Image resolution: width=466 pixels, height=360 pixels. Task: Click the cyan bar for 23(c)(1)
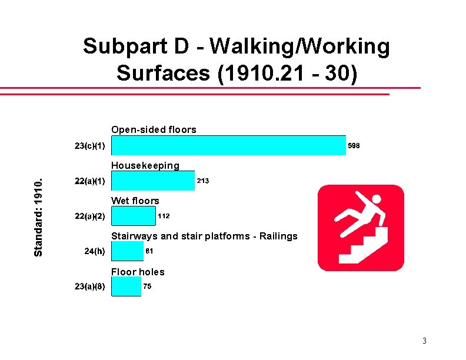click(x=228, y=145)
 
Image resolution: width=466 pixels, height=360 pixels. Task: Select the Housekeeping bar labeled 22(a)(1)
click(x=152, y=181)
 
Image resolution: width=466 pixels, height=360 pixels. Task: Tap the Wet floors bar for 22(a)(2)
click(x=133, y=216)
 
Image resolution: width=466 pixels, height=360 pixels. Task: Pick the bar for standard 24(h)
click(x=127, y=251)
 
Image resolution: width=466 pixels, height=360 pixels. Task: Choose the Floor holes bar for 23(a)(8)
click(x=126, y=286)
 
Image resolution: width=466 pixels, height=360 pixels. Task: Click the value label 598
click(x=354, y=145)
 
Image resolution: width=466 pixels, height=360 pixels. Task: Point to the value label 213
click(x=202, y=181)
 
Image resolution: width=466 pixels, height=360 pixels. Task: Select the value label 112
click(x=164, y=216)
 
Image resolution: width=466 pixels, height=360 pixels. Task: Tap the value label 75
click(x=147, y=286)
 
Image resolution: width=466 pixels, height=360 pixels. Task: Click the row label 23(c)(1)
click(x=90, y=145)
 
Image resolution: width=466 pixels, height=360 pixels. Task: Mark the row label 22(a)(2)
click(x=90, y=216)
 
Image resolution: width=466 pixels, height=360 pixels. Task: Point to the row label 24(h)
click(x=95, y=251)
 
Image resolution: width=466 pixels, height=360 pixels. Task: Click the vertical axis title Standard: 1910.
click(x=38, y=216)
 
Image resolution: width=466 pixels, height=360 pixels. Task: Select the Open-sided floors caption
click(x=154, y=129)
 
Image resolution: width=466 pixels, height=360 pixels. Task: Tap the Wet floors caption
click(x=135, y=201)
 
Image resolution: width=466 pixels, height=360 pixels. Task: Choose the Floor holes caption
click(x=138, y=272)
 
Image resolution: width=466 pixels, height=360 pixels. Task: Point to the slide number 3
click(x=424, y=341)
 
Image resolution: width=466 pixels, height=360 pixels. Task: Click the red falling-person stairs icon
click(x=361, y=228)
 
